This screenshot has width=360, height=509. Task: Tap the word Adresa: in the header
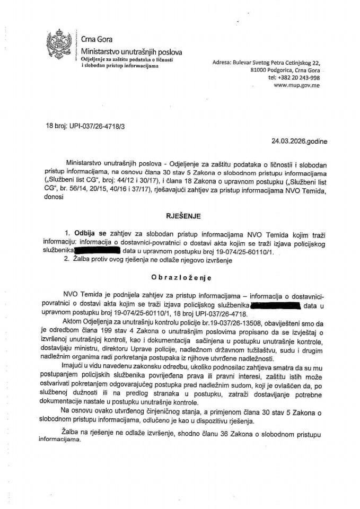(222, 62)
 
